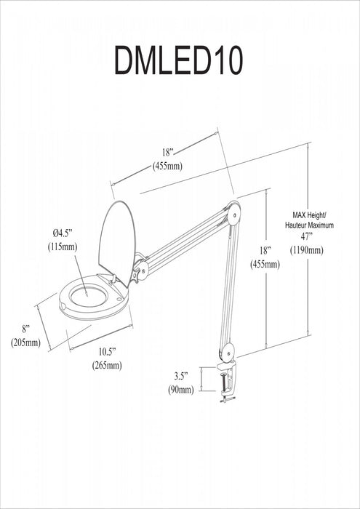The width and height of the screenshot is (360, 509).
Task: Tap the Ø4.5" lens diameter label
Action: pyautogui.click(x=64, y=232)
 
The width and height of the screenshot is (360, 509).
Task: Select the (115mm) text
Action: pyautogui.click(x=64, y=247)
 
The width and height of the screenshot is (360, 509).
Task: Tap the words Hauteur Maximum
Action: pyautogui.click(x=313, y=225)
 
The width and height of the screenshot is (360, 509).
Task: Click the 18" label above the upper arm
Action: pyautogui.click(x=168, y=152)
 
